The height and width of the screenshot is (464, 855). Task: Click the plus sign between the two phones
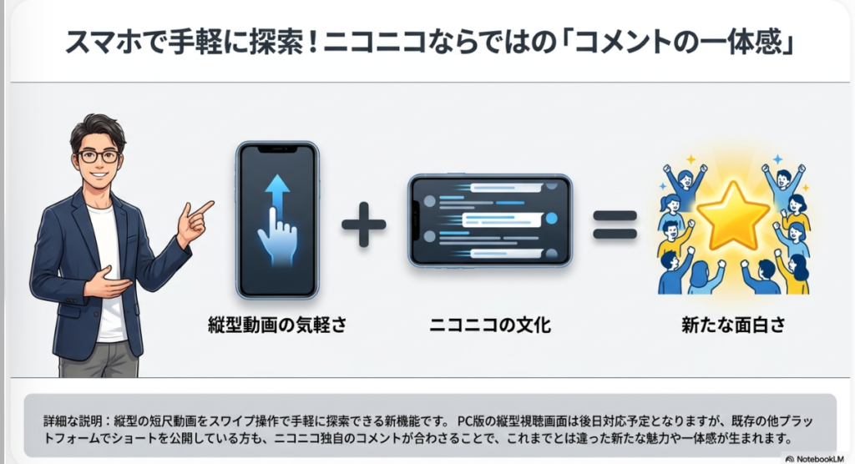(364, 223)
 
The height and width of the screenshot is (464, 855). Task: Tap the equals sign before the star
(615, 223)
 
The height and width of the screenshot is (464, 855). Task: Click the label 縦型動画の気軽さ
(276, 325)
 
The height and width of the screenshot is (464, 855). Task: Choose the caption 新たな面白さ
(734, 325)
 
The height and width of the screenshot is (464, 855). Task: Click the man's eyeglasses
(99, 155)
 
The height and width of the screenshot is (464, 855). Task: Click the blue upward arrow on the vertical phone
(276, 193)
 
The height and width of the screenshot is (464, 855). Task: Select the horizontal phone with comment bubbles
(489, 220)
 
